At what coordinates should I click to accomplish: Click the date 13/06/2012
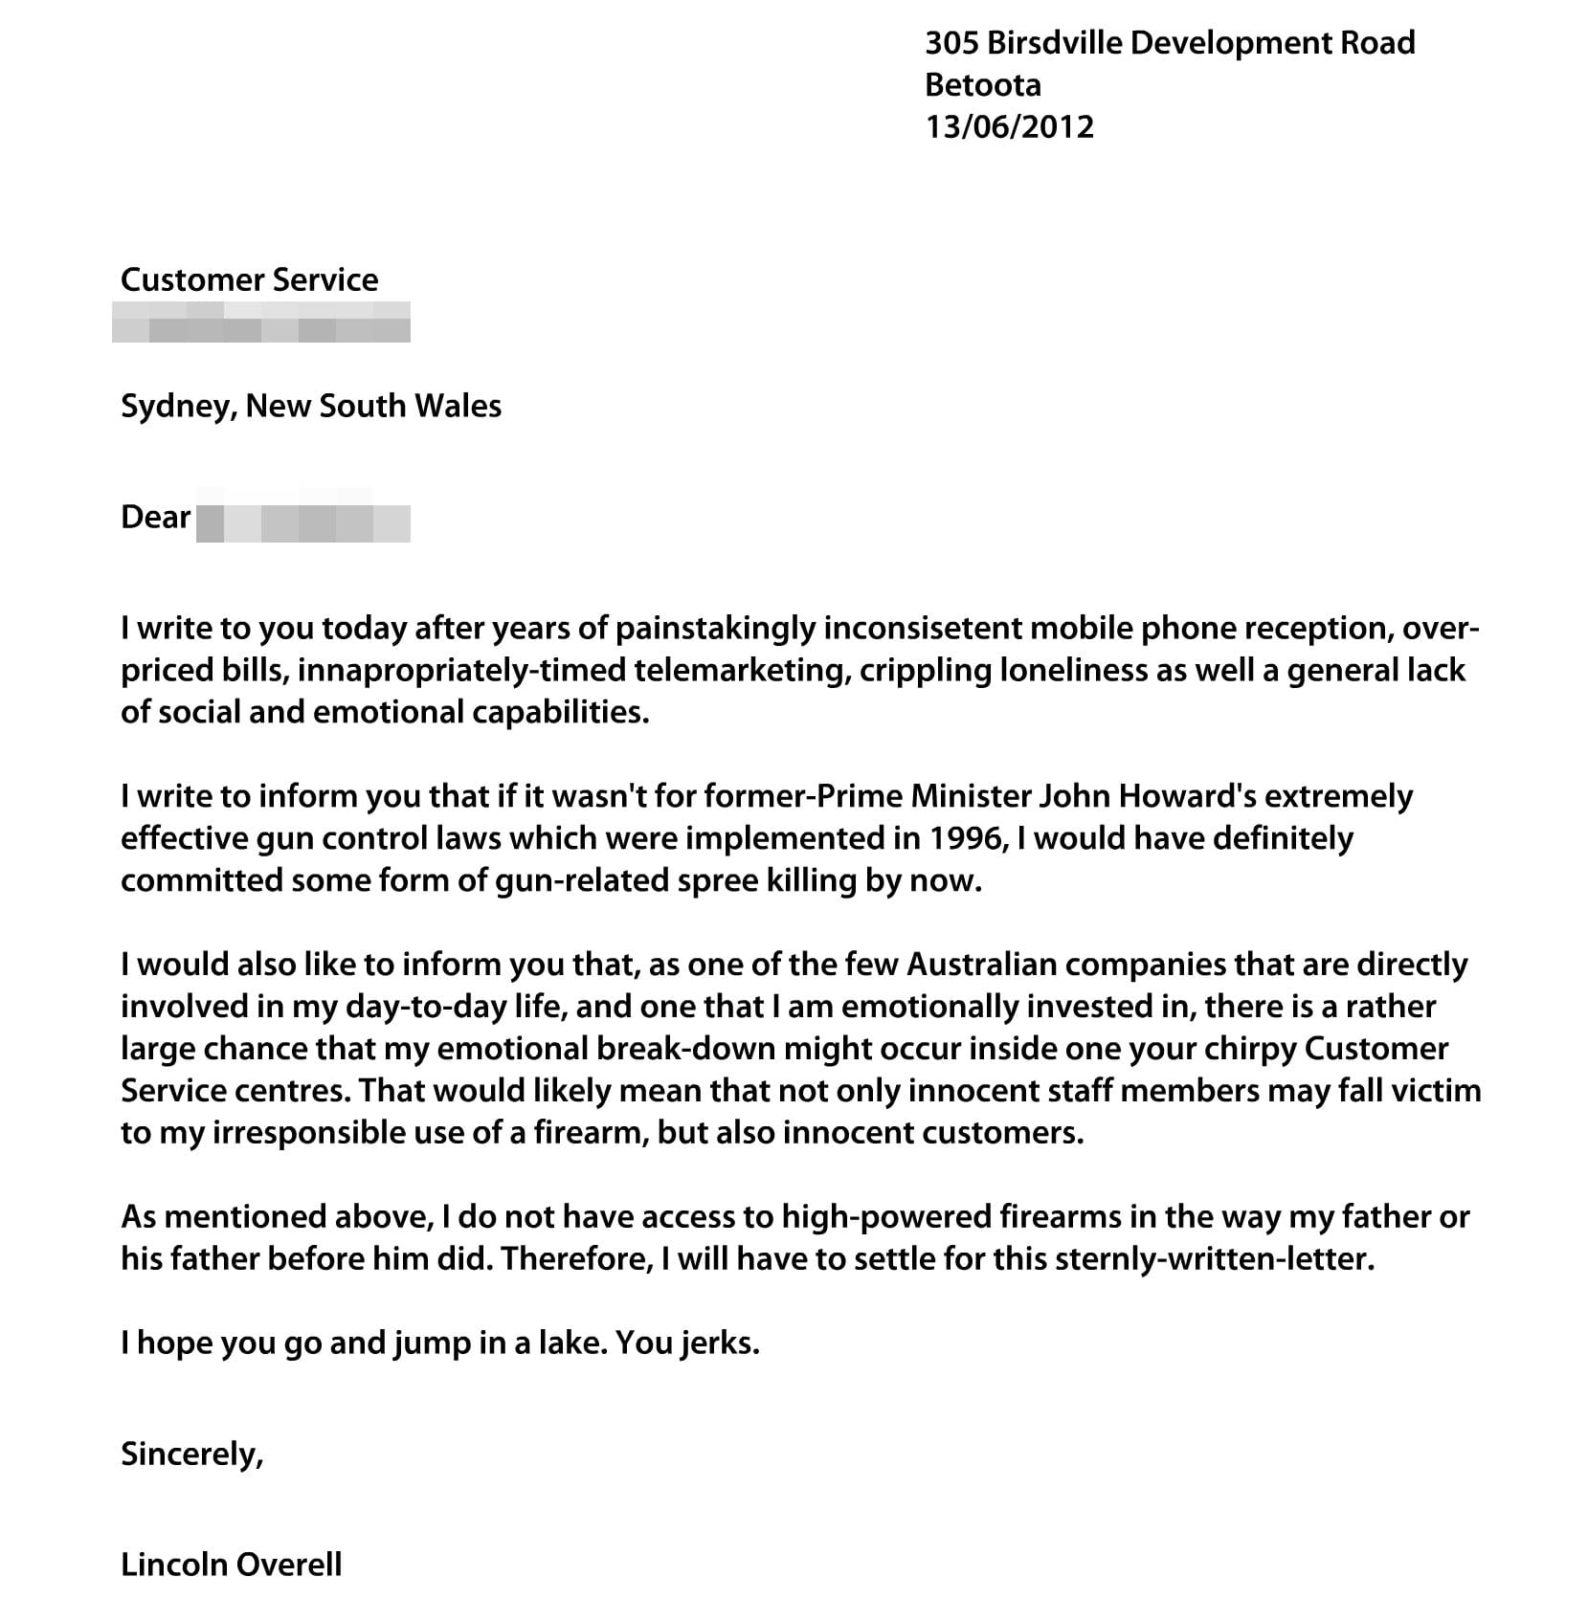(1009, 127)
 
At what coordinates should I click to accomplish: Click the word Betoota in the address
(982, 85)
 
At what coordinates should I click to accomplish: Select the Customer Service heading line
(249, 279)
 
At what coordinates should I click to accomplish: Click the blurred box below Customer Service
(260, 322)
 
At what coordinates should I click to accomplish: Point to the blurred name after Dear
(302, 522)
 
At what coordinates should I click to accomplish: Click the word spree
(717, 881)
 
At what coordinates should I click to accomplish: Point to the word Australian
(981, 965)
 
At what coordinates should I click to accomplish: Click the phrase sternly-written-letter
(1214, 1259)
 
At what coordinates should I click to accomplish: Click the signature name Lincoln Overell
(231, 1565)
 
